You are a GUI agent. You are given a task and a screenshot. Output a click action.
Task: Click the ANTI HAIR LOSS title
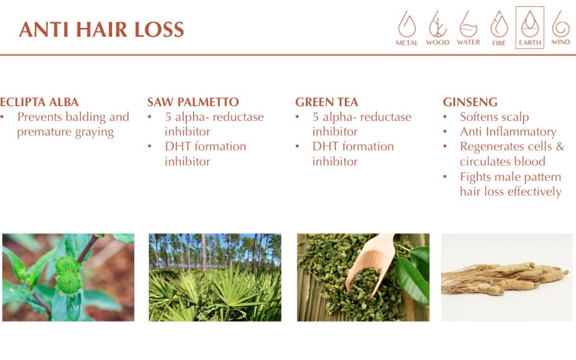pyautogui.click(x=101, y=29)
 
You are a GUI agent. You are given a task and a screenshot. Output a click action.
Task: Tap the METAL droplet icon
pyautogui.click(x=407, y=24)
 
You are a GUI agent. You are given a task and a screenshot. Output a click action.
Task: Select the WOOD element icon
pyautogui.click(x=437, y=24)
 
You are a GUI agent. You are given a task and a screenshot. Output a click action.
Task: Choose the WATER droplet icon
pyautogui.click(x=468, y=24)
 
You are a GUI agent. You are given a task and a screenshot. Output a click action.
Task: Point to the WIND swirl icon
pyautogui.click(x=561, y=24)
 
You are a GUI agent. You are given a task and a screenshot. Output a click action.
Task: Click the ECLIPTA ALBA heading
pyautogui.click(x=39, y=102)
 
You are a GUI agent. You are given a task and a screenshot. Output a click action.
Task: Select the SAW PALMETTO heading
pyautogui.click(x=193, y=102)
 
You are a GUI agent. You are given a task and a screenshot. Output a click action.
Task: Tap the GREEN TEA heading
pyautogui.click(x=327, y=102)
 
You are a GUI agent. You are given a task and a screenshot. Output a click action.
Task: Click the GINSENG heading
pyautogui.click(x=470, y=102)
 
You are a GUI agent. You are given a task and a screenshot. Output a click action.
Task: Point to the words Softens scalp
pyautogui.click(x=494, y=117)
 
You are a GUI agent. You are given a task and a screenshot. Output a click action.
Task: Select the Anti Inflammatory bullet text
pyautogui.click(x=508, y=132)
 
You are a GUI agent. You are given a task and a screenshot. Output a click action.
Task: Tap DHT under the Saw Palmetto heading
pyautogui.click(x=178, y=146)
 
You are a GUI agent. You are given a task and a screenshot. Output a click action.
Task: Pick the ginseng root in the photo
pyautogui.click(x=507, y=278)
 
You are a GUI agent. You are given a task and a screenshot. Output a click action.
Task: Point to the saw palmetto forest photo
pyautogui.click(x=215, y=277)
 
